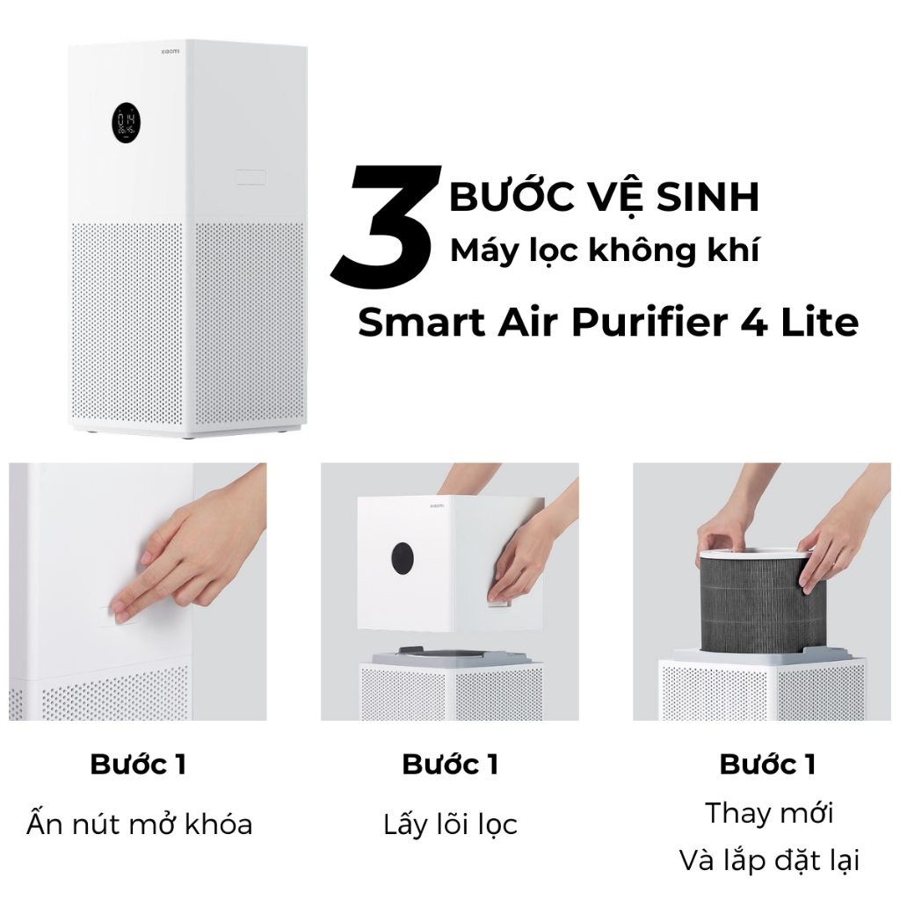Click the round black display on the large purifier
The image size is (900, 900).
point(126,124)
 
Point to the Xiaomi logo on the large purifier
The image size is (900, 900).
point(170,51)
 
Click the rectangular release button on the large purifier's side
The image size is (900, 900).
point(250,177)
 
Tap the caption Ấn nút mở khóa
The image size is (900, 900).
point(140,824)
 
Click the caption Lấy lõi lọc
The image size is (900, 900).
point(451,825)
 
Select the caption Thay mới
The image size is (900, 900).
point(769,813)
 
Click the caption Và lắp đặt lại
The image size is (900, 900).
point(769,860)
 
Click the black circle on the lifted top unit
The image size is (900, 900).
point(403,558)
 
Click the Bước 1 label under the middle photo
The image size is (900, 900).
point(450,765)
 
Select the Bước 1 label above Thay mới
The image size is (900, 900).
point(768,765)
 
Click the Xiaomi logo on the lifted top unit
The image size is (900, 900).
point(437,505)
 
